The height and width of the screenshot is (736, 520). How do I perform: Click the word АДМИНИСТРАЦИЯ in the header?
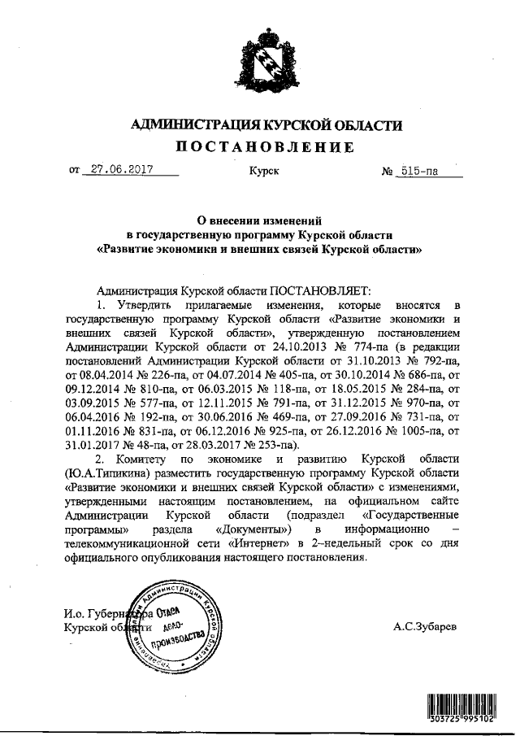tap(191, 124)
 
